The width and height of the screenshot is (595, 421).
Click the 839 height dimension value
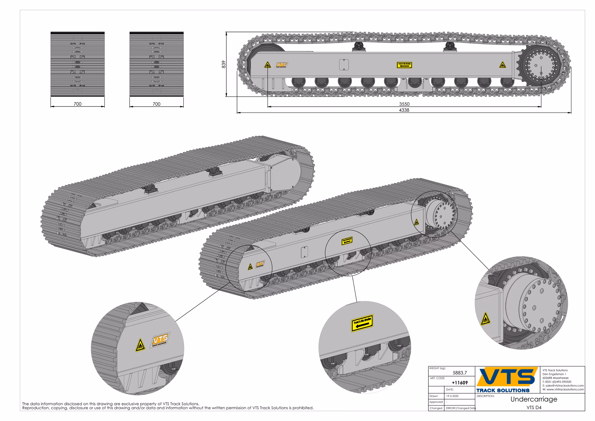tap(223, 64)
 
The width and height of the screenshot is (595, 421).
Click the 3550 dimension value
tap(404, 104)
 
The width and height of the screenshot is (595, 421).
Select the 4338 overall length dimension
tap(404, 110)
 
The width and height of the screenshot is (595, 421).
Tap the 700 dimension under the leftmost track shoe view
tap(77, 104)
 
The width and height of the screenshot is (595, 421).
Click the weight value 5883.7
tap(460, 373)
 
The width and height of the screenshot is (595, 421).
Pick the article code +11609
tap(459, 383)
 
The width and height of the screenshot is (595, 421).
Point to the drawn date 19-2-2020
tap(452, 396)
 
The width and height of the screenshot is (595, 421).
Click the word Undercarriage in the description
tap(534, 399)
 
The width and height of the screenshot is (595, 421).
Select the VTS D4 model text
tap(534, 408)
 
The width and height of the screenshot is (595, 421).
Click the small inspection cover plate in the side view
tap(344, 64)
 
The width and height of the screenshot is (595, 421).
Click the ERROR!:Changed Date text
tap(460, 408)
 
